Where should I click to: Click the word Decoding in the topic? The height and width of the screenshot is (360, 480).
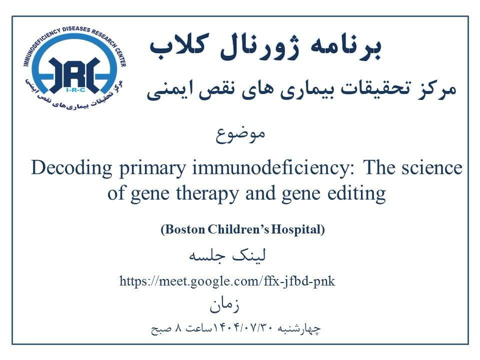tap(71, 168)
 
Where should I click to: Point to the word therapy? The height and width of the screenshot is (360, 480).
tap(207, 194)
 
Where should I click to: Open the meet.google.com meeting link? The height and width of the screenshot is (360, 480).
tap(227, 281)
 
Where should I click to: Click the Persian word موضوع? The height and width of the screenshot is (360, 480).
tap(240, 135)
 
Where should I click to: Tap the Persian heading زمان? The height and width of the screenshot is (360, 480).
tap(224, 304)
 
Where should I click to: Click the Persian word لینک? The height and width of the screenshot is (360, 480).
tap(249, 255)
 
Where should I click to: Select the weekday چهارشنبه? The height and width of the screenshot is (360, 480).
tap(299, 329)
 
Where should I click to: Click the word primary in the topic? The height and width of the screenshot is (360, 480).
tap(152, 168)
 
